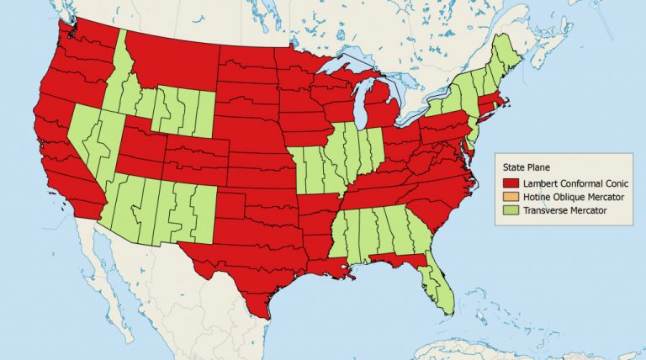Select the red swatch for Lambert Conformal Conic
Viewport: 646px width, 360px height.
[x=508, y=183]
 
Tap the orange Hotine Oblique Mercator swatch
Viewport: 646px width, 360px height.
[x=508, y=195]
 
